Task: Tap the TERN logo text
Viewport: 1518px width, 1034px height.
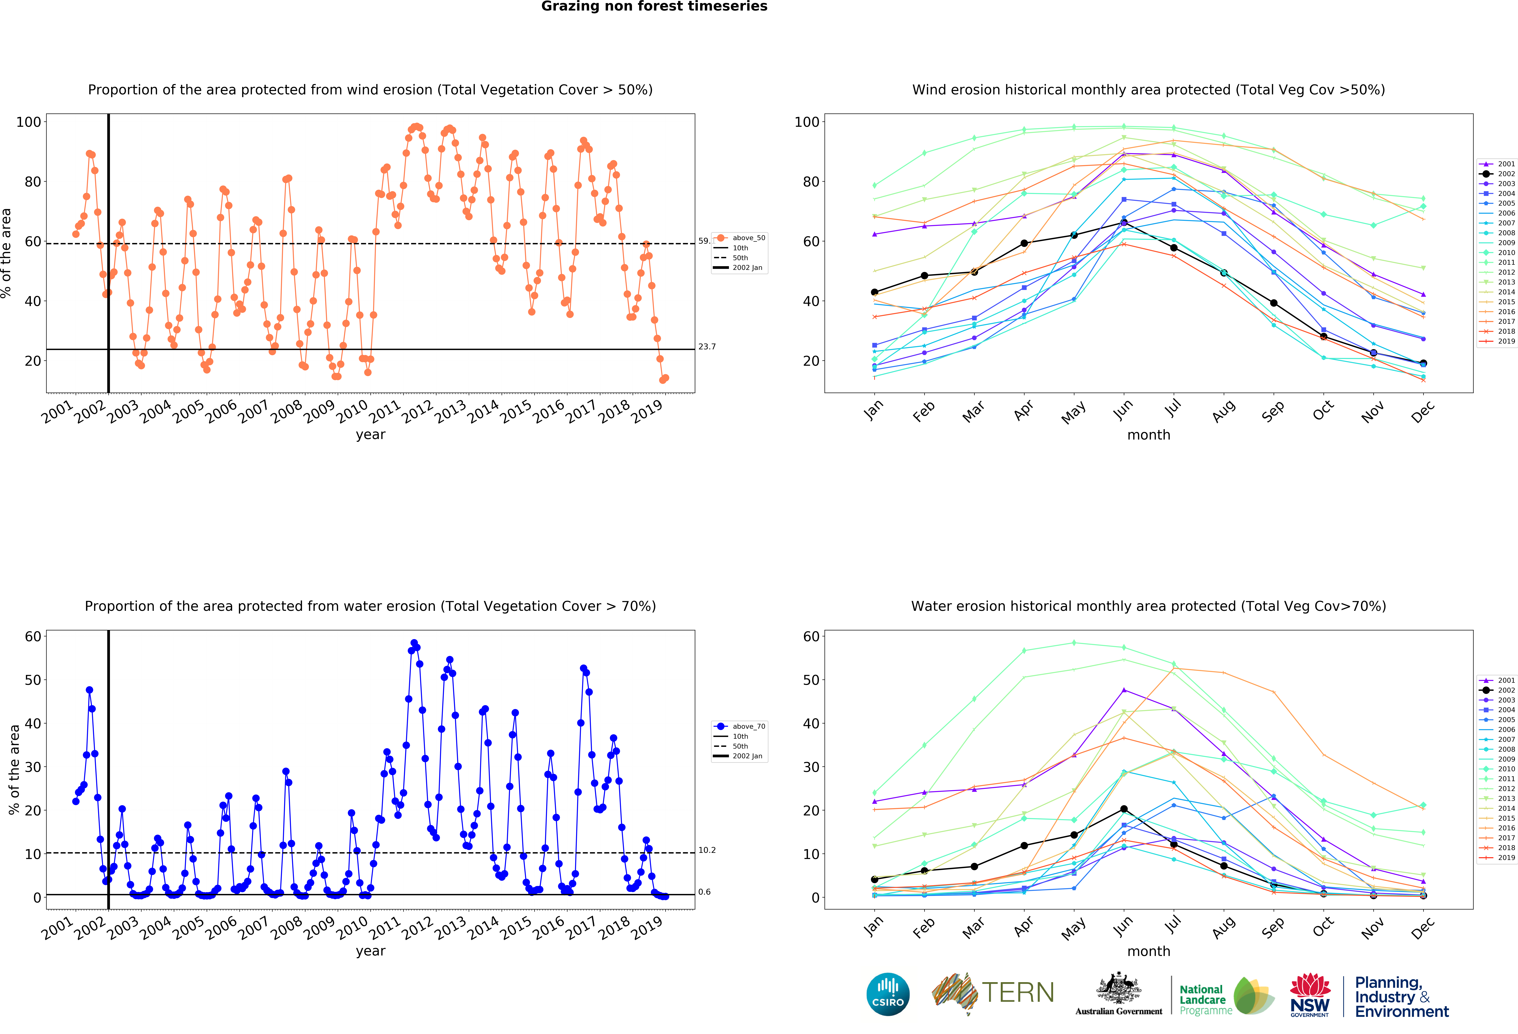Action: pyautogui.click(x=1018, y=993)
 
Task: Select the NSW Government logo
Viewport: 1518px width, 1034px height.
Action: pyautogui.click(x=1310, y=995)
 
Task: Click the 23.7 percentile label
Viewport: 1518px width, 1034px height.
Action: pyautogui.click(x=707, y=347)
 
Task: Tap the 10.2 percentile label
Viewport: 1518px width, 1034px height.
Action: pyautogui.click(x=707, y=850)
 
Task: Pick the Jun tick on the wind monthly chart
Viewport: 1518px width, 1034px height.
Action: pyautogui.click(x=1122, y=409)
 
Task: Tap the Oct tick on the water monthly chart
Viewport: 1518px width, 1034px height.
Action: pyautogui.click(x=1323, y=926)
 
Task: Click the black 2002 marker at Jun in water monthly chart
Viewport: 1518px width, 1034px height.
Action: pyautogui.click(x=1123, y=809)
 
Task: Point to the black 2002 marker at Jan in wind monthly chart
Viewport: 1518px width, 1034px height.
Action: pyautogui.click(x=875, y=292)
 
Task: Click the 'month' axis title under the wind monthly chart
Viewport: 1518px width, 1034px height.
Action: pyautogui.click(x=1148, y=435)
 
